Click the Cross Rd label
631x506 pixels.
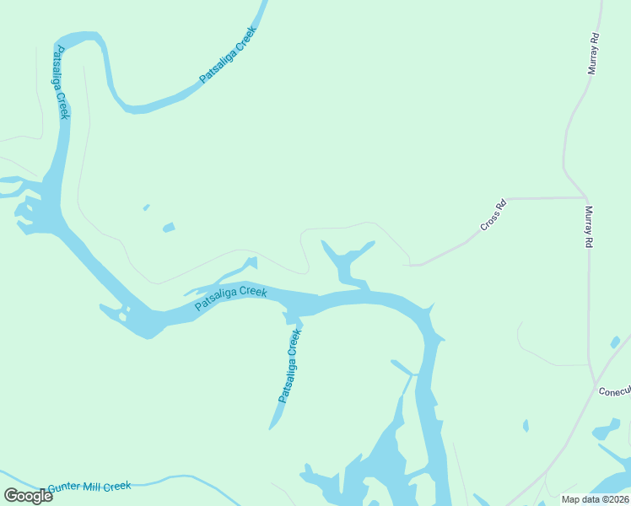493,215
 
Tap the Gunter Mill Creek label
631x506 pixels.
89,487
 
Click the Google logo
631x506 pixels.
28,496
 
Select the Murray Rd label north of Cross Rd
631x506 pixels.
594,55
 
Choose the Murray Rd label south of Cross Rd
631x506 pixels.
589,227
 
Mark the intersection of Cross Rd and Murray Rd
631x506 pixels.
585,198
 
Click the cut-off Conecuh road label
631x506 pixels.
614,391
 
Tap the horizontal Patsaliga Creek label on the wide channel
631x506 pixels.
230,298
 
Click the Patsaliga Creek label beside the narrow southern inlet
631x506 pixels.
289,365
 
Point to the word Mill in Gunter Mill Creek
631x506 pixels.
91,487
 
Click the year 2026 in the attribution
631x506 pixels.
616,499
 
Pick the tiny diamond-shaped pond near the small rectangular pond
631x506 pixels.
147,207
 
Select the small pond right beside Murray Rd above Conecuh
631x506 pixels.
616,342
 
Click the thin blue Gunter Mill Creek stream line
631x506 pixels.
194,479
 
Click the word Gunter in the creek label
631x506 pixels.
65,488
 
